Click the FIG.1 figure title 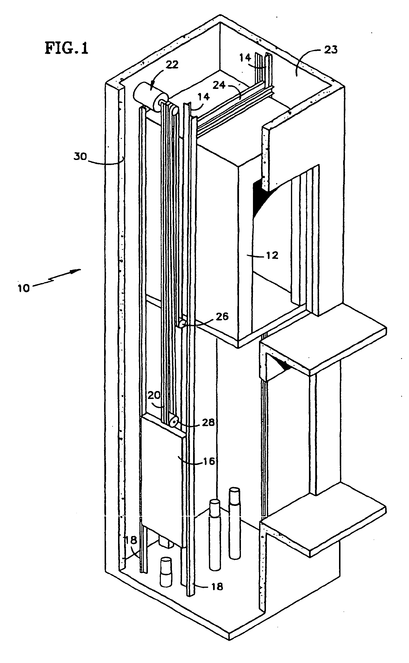tap(67, 48)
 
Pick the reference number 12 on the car tap(272, 255)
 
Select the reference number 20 tap(154, 396)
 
